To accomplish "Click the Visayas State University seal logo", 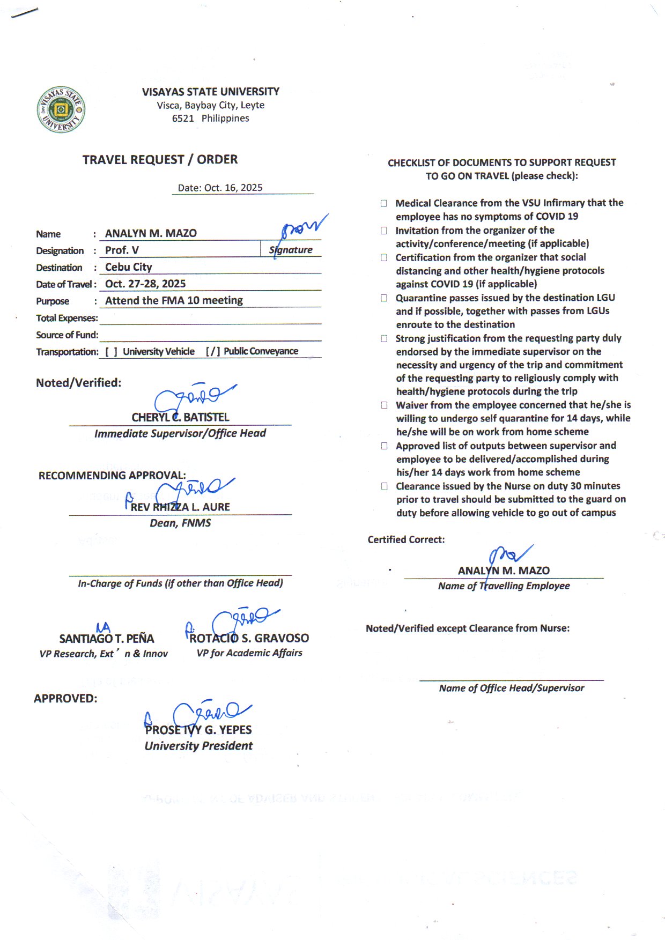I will click(61, 109).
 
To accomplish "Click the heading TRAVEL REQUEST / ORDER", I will click(160, 160).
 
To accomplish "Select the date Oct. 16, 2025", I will click(220, 188).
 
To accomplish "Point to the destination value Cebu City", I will click(129, 267).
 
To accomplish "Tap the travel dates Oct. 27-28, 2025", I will click(145, 284).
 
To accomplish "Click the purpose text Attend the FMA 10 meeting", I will click(174, 300).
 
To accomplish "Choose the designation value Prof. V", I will click(122, 250).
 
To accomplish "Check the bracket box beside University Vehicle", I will click(111, 352).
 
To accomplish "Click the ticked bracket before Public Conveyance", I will click(212, 352).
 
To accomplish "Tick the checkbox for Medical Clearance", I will click(384, 204).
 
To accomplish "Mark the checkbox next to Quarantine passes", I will click(384, 298).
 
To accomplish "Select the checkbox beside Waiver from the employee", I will click(384, 405).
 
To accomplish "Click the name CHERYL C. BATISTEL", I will click(180, 417).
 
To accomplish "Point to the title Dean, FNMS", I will click(180, 523).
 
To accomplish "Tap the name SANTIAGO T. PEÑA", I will click(106, 639).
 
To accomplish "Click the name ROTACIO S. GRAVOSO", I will click(249, 638).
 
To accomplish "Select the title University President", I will click(198, 746).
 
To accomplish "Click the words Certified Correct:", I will click(406, 539).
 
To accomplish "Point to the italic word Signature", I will click(291, 250).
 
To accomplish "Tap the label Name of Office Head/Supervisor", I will click(512, 688).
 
